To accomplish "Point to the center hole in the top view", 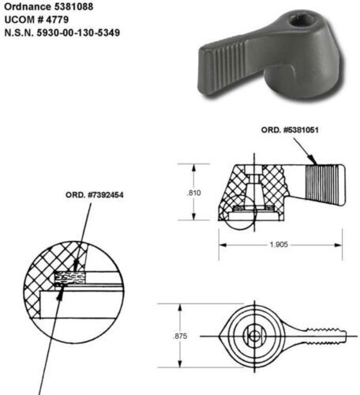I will (x=253, y=335).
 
